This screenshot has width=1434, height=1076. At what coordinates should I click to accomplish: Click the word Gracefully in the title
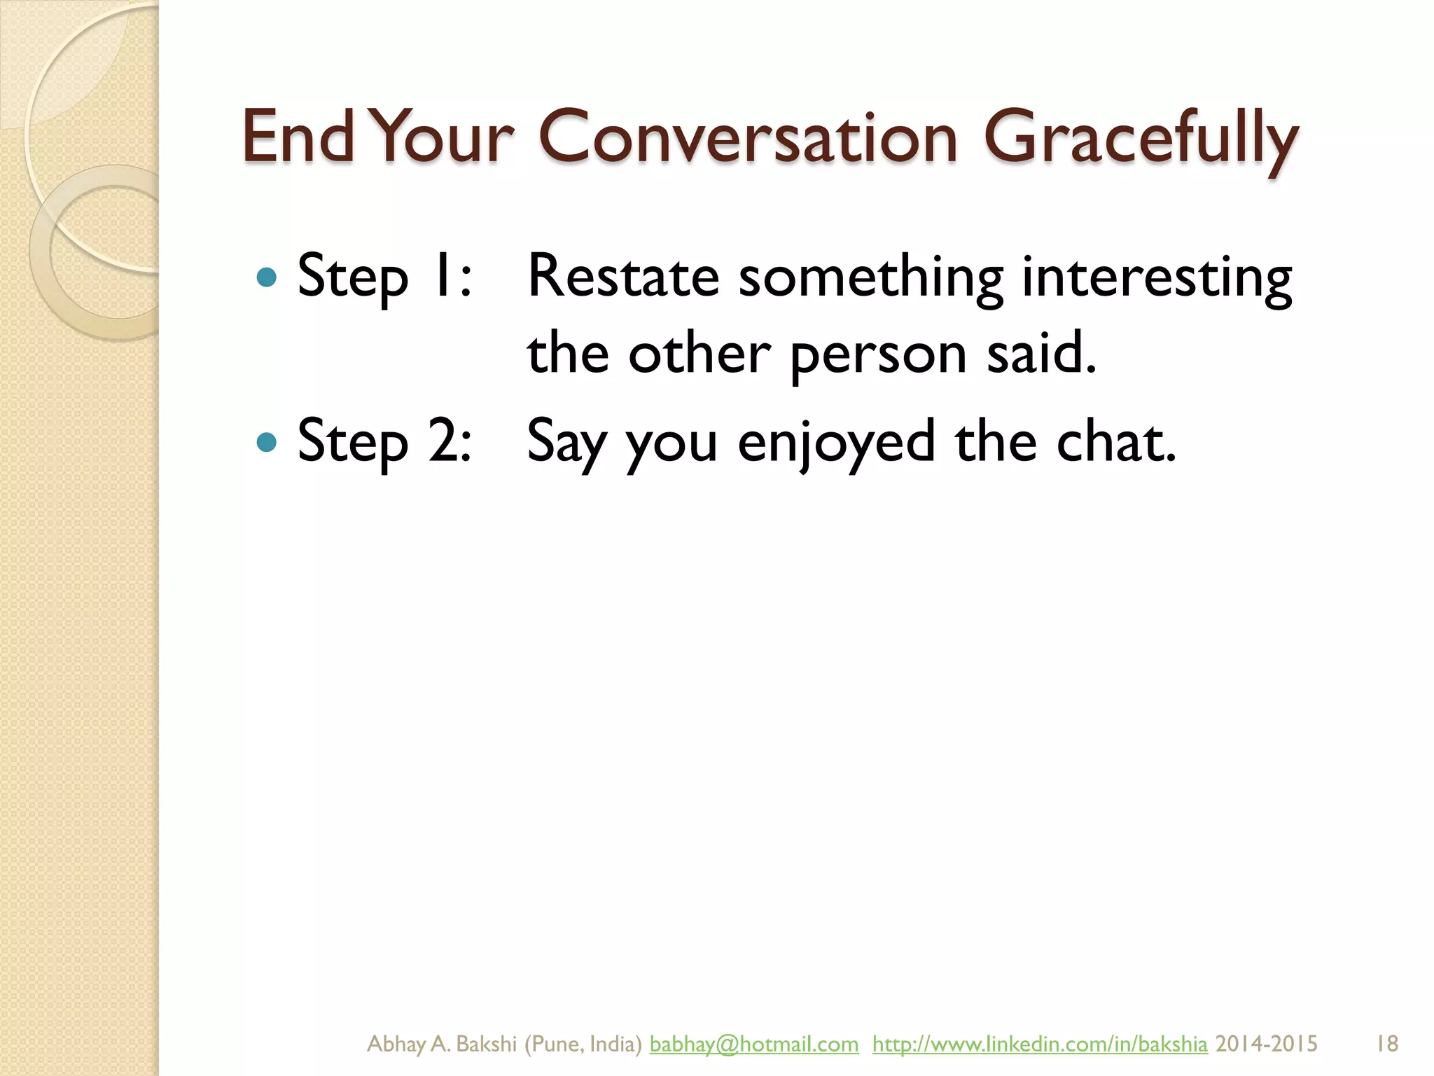[x=1141, y=138]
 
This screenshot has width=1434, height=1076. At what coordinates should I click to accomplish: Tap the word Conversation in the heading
[x=747, y=138]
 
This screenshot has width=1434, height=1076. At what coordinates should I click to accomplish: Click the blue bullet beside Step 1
[x=267, y=277]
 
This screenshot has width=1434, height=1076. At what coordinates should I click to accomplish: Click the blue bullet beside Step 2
[x=267, y=442]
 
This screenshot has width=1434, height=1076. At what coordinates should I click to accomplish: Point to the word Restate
[x=623, y=276]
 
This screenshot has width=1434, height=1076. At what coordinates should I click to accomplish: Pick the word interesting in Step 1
[x=1157, y=277]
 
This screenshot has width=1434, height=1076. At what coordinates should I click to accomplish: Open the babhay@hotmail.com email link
[x=753, y=1044]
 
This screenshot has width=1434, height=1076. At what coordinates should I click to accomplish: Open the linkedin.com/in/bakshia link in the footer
[x=1040, y=1044]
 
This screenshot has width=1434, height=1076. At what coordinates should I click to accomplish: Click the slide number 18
[x=1387, y=1044]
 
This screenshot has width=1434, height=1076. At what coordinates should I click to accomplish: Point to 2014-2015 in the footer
[x=1266, y=1044]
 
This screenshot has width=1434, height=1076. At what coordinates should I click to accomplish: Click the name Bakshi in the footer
[x=486, y=1044]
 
